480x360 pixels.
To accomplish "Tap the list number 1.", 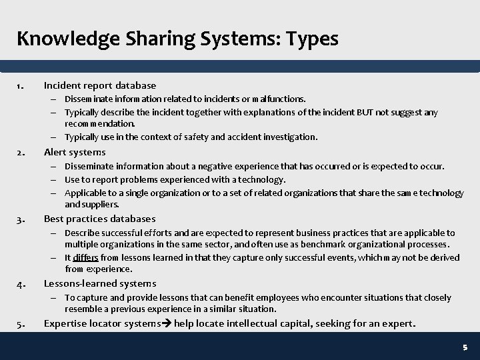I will (21, 85).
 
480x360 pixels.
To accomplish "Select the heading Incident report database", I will (100, 85).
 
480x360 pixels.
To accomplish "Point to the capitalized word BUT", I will (363, 113).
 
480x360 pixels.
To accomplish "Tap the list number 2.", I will (21, 153).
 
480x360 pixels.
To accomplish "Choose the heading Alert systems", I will (75, 153).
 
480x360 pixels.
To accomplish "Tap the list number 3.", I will (21, 219).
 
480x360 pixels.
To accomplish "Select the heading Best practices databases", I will (100, 219).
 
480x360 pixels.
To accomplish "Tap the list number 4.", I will (21, 284).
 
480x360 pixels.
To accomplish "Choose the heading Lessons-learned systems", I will (100, 284).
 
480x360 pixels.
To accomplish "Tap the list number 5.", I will (21, 325).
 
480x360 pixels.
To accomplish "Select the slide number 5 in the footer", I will (465, 348).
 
